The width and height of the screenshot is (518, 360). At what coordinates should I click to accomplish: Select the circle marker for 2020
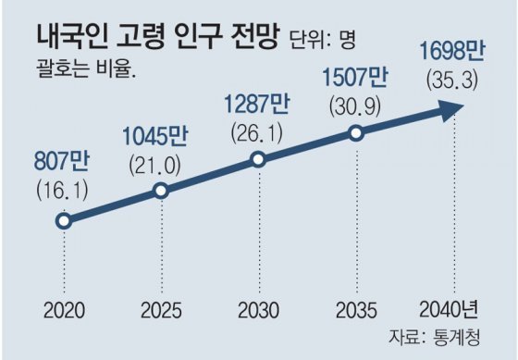(x=63, y=220)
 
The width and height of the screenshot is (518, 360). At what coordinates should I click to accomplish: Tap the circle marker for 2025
(x=161, y=191)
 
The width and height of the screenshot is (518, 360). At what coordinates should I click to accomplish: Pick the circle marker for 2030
(x=259, y=160)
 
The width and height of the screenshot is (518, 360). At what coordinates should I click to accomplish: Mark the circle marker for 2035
(x=357, y=132)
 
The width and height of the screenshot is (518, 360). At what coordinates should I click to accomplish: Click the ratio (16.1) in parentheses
(x=63, y=191)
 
